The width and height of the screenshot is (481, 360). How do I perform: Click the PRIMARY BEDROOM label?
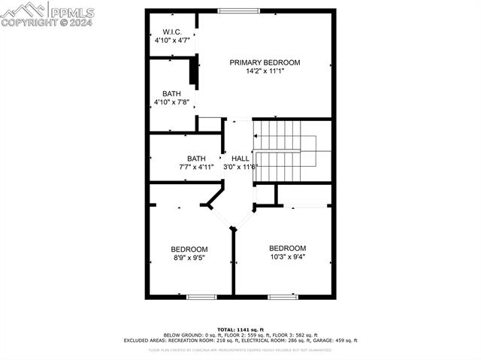point(265,62)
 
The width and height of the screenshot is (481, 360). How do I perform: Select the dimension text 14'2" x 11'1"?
point(265,71)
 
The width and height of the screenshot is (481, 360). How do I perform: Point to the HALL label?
point(240,159)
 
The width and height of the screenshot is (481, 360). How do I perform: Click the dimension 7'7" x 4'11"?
point(196,167)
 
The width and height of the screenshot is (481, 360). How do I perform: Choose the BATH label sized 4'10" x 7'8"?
point(171,94)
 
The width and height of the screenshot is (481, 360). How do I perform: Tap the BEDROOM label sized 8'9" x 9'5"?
point(189,249)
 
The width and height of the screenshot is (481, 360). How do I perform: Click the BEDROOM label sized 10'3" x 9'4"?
point(288,248)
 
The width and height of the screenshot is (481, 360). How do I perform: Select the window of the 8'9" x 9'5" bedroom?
point(201,297)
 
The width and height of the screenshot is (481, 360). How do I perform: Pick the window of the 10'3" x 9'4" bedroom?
point(283,297)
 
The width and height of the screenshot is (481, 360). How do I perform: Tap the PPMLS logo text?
point(72,12)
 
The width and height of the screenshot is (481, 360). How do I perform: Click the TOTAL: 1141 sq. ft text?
point(240,329)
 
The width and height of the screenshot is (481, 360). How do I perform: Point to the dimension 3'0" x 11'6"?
point(240,167)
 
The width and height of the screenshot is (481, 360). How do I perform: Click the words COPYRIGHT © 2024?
point(47,23)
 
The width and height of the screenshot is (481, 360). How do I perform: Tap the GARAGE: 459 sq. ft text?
point(340,340)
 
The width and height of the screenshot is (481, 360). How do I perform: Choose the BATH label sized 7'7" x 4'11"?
point(196,158)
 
